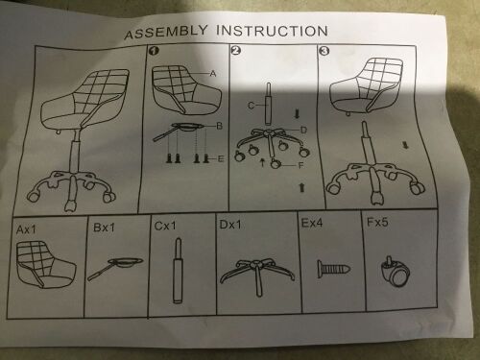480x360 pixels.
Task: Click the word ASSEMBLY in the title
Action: pos(166,33)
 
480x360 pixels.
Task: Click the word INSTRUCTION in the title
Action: pos(272,31)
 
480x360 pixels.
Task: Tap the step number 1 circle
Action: pos(155,51)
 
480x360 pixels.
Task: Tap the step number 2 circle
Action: pos(236,51)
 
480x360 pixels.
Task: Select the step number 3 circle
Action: pos(324,51)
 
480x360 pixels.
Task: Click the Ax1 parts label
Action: pos(26,229)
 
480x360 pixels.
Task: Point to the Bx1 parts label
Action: pos(104,228)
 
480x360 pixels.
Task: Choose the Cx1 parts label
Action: pos(165,226)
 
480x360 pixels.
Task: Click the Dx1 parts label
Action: pos(230,225)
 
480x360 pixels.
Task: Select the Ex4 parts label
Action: pos(312,223)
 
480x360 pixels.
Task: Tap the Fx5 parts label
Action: pos(377,222)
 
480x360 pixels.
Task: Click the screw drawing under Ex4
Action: pos(333,269)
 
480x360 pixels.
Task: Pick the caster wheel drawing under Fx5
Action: pos(396,272)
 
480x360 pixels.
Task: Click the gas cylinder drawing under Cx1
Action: pos(179,271)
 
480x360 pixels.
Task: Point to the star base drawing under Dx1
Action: pos(257,276)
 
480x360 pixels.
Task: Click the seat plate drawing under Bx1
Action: pos(116,268)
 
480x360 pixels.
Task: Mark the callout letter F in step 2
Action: pos(300,165)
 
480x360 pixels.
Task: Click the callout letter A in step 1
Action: pos(213,74)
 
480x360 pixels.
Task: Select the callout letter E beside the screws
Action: pos(221,158)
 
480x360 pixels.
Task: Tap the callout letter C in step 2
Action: pos(252,106)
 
